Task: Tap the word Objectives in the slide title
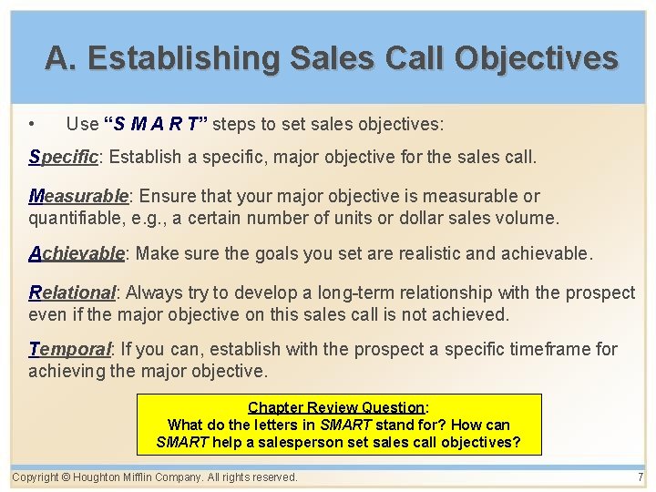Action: [x=537, y=58]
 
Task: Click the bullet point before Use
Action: [x=33, y=123]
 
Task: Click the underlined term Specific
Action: [x=63, y=157]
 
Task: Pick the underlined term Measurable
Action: [x=79, y=196]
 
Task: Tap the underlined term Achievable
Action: [x=76, y=254]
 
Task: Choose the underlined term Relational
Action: [x=72, y=292]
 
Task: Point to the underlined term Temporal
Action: [x=69, y=349]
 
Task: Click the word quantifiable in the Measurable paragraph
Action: [x=76, y=218]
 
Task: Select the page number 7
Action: [x=641, y=477]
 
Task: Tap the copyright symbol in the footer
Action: [x=67, y=477]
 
